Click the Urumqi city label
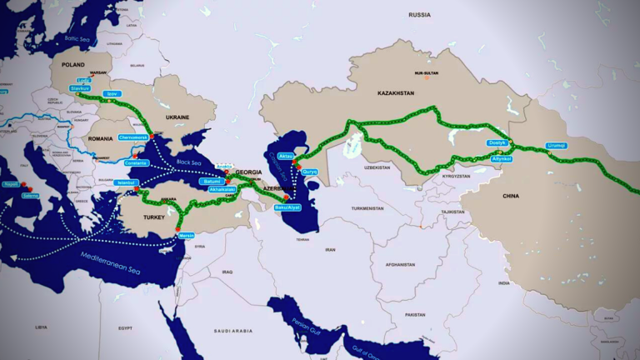(x=556, y=145)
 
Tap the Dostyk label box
(x=497, y=142)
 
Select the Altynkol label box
(x=502, y=157)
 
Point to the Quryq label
(x=310, y=171)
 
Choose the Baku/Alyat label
(x=287, y=207)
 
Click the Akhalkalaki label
(x=223, y=189)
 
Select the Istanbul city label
(x=127, y=182)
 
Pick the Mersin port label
(x=186, y=235)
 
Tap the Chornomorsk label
(x=133, y=137)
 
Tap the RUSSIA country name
(x=419, y=15)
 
